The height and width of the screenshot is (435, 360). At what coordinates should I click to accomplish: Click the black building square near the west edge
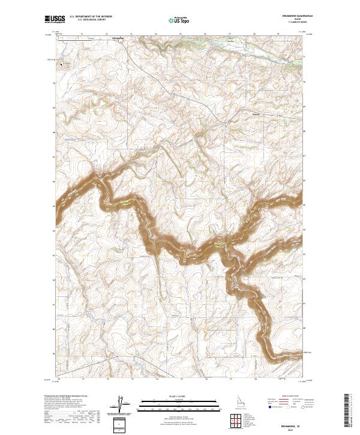point(61,65)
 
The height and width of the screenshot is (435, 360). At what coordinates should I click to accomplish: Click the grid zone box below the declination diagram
point(120,424)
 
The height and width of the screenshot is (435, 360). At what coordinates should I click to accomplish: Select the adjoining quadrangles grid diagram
point(235,420)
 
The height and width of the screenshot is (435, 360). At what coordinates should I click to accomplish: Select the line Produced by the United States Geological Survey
point(66,397)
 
